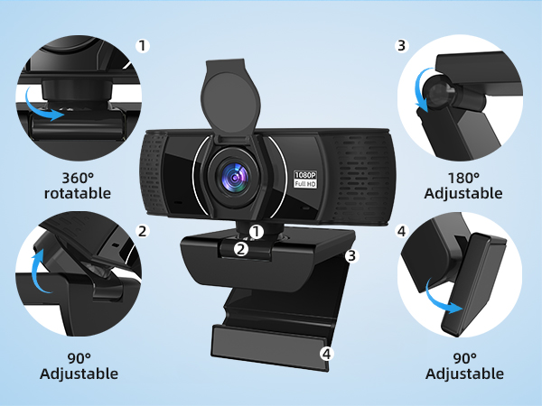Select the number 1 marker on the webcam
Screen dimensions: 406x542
coord(256,232)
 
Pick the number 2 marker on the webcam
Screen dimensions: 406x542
coord(240,248)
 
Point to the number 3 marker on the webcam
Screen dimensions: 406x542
coord(352,255)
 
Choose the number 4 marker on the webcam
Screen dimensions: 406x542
coord(327,353)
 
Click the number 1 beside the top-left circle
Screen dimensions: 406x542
coord(142,44)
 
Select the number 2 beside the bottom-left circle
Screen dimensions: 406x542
coord(142,230)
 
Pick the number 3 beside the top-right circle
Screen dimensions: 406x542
coord(402,44)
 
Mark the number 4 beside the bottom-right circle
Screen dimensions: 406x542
coord(402,230)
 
